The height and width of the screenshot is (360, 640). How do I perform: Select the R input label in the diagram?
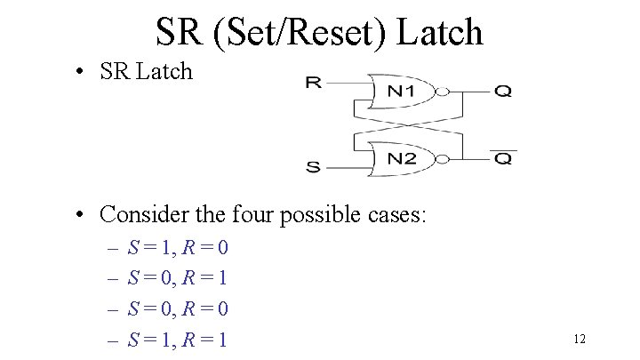[x=313, y=84]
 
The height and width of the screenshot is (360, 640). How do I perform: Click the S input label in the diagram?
[x=313, y=166]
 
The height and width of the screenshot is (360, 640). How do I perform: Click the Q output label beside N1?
[x=502, y=91]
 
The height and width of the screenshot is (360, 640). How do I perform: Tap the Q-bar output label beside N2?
[x=502, y=158]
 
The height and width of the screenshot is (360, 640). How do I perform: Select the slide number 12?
[x=580, y=339]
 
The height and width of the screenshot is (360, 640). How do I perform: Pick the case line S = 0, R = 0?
[x=178, y=309]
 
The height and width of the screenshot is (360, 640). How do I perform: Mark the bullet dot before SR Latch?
[x=81, y=72]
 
